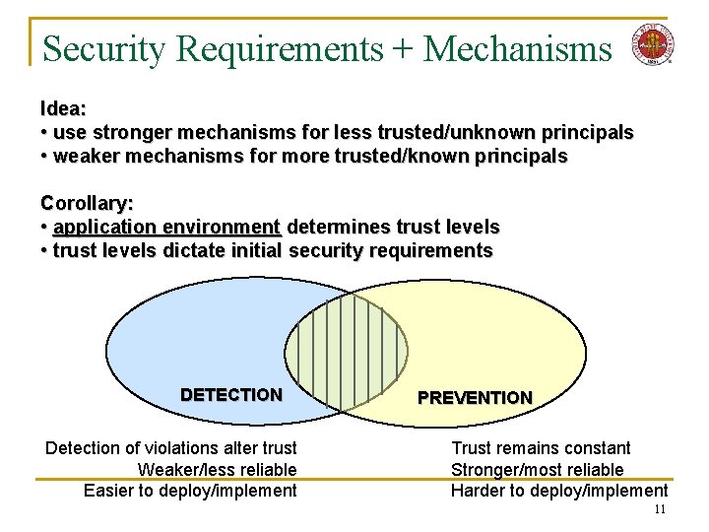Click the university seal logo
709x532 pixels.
(x=651, y=44)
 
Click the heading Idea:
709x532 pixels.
(x=63, y=107)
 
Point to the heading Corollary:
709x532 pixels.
(x=87, y=204)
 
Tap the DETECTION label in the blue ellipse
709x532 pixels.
(x=230, y=395)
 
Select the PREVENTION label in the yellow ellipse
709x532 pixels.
(x=475, y=398)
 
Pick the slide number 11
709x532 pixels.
(x=660, y=509)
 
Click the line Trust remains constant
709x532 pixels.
(x=541, y=448)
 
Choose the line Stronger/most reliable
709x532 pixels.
(x=537, y=469)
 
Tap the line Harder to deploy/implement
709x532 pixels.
(x=558, y=490)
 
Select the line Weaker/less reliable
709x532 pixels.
(x=217, y=469)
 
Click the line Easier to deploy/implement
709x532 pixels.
(x=190, y=490)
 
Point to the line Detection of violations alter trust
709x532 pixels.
(x=171, y=448)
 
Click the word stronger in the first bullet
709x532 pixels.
(x=126, y=132)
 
